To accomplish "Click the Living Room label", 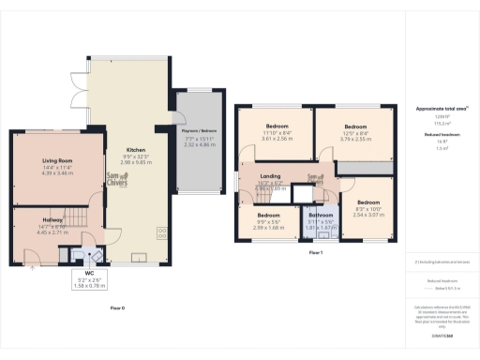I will click(x=58, y=161).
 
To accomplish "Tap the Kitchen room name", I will click(x=136, y=148).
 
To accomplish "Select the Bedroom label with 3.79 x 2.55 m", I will click(x=354, y=127).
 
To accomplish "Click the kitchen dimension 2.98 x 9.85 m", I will click(x=136, y=161).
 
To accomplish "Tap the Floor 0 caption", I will click(x=117, y=307).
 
